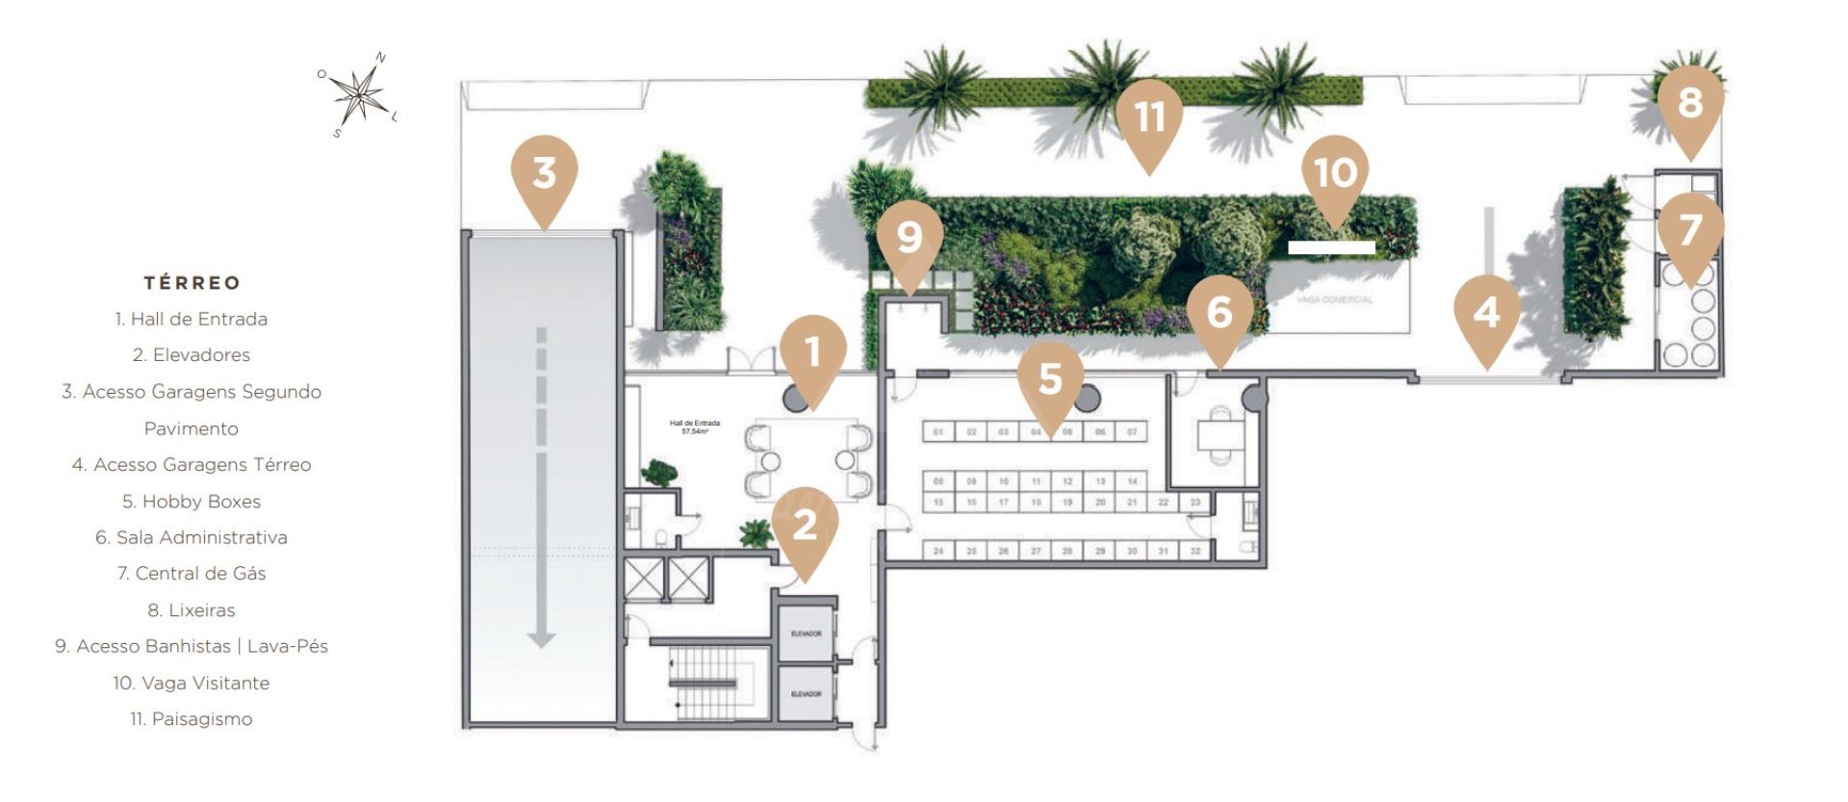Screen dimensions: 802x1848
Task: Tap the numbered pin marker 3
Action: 544,173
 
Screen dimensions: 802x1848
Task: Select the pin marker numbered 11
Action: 1149,118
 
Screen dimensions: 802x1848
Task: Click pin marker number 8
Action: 1690,103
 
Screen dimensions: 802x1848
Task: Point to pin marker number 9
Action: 910,238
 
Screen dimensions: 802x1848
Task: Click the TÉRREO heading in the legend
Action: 192,283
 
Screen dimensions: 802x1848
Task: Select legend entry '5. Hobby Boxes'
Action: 192,502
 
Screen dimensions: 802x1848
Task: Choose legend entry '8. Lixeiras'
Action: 192,610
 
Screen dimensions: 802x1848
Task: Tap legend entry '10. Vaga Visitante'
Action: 192,684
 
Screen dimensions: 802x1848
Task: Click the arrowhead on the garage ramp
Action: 541,639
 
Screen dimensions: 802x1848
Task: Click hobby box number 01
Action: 938,432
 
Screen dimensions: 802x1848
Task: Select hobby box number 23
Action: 1195,503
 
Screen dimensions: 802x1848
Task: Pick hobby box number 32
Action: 1195,552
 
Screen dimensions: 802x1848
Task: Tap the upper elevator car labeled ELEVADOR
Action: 806,634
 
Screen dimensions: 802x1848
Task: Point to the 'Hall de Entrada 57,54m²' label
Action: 694,427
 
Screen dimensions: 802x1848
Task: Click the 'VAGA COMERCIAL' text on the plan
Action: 1334,299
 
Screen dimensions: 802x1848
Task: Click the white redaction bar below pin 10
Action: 1331,247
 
